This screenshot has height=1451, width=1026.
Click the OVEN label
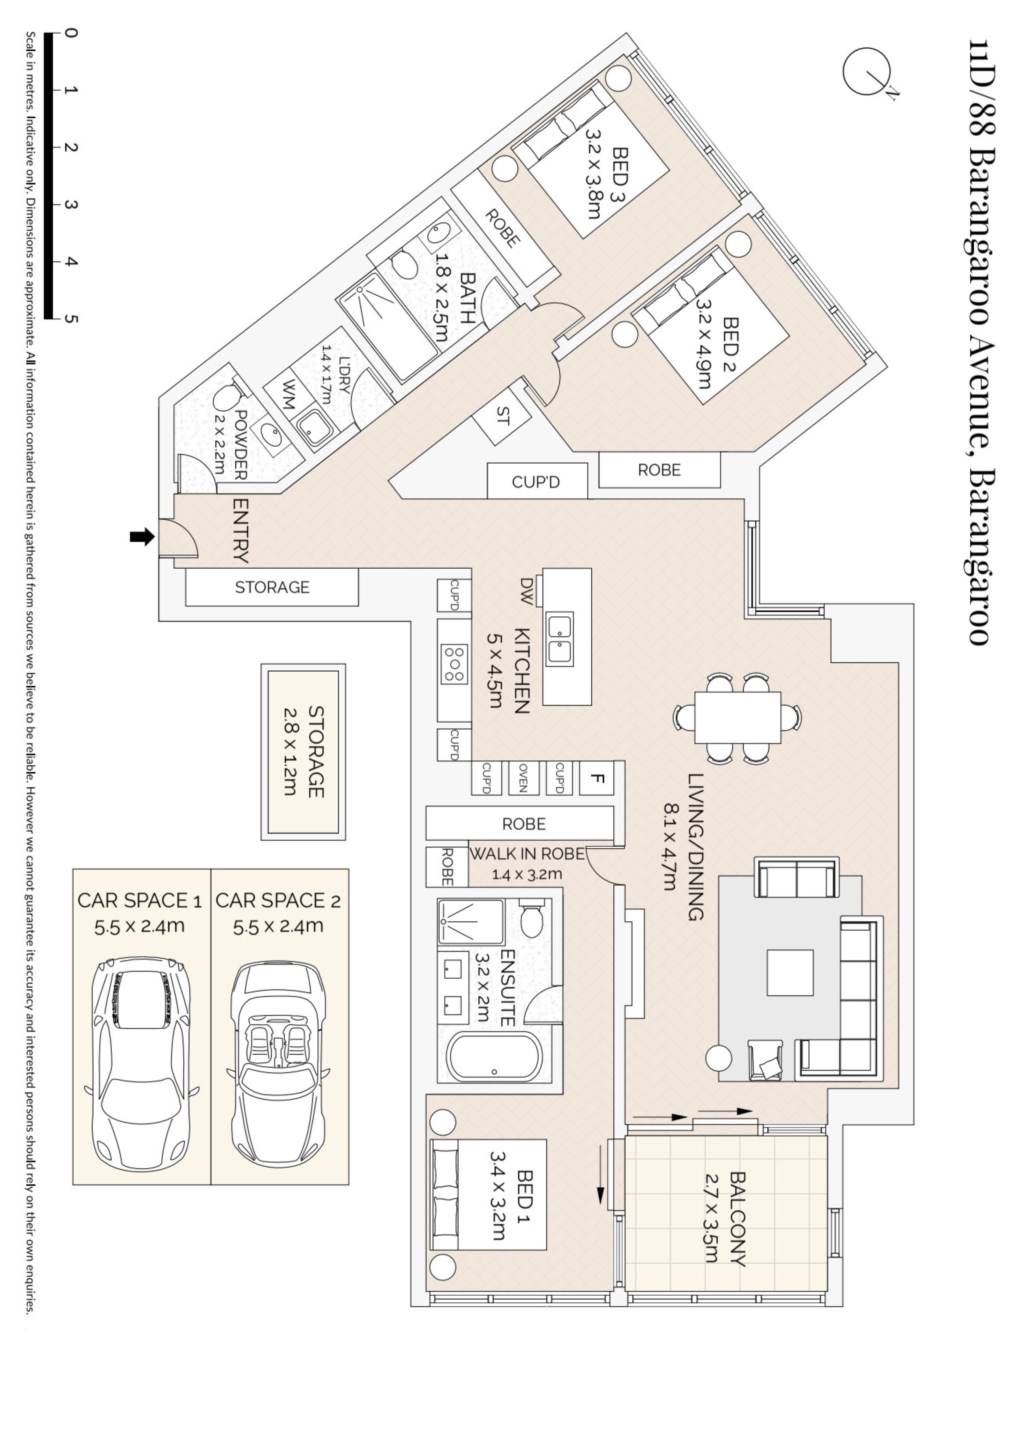pyautogui.click(x=523, y=778)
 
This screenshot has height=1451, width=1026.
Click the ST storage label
pyautogui.click(x=503, y=416)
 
